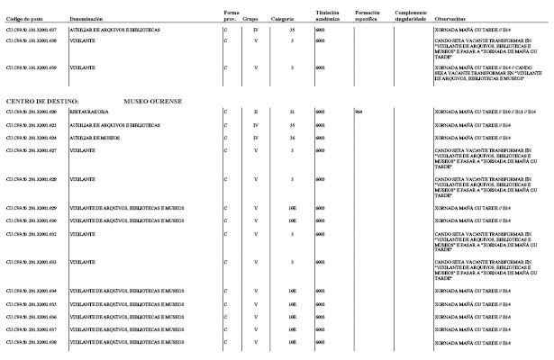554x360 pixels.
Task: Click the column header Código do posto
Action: coord(23,18)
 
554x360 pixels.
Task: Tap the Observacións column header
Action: coord(450,18)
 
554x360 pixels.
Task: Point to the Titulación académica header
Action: coord(326,15)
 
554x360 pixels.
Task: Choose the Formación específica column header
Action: coord(369,15)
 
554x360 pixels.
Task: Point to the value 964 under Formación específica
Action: coord(359,112)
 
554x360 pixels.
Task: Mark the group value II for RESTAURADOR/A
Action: coord(256,112)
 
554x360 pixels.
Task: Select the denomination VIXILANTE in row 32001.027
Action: coord(83,150)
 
